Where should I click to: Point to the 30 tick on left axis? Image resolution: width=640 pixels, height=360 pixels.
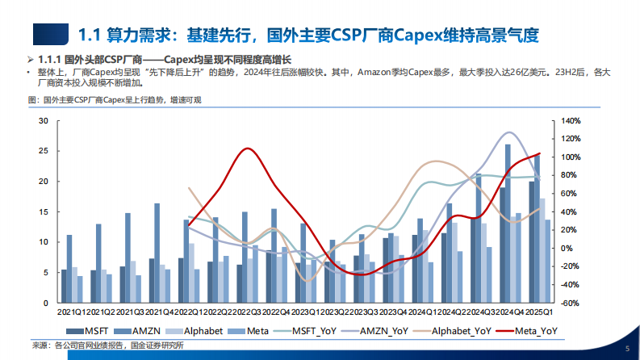(44, 121)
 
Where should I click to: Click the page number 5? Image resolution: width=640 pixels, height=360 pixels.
(626, 348)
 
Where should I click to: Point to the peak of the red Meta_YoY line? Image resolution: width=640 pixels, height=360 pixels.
(246, 149)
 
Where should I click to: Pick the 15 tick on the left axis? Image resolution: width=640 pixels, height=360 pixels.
(44, 212)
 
